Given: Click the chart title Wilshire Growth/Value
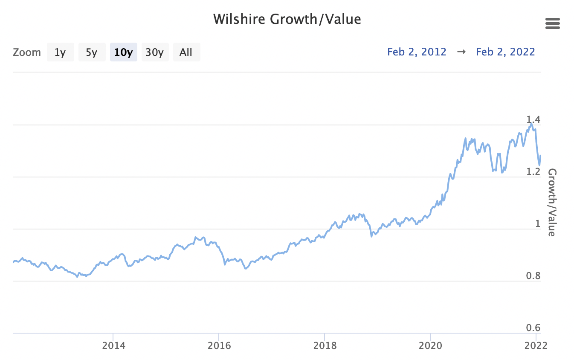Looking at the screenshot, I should (287, 19).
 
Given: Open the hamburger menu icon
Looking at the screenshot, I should (552, 24).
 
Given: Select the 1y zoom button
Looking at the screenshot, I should (60, 52).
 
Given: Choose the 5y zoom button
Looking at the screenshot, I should (92, 52).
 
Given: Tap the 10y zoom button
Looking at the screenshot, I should (123, 52).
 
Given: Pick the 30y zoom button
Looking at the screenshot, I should (155, 52).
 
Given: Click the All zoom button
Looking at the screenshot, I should (186, 52).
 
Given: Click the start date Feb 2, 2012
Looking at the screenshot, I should (417, 52).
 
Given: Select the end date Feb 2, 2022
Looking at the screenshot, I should (505, 52).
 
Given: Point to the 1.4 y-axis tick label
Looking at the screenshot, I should (533, 119).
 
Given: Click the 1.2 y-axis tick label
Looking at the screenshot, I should (533, 171).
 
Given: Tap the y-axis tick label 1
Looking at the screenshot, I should (538, 224).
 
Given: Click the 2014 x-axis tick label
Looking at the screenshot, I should (113, 345).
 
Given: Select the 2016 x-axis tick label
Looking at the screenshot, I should (219, 345).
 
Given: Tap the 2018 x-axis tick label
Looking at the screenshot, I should (325, 345).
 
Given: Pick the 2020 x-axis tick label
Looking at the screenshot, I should (431, 345).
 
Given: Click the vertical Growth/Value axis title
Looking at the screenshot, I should (552, 202).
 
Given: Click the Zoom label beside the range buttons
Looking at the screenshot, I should (27, 52).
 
